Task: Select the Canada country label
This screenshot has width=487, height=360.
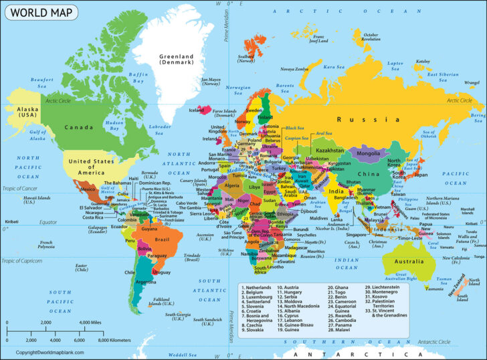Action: [78, 126]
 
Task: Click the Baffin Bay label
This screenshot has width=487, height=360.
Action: [138, 78]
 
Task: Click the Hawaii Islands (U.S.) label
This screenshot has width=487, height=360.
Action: [21, 199]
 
